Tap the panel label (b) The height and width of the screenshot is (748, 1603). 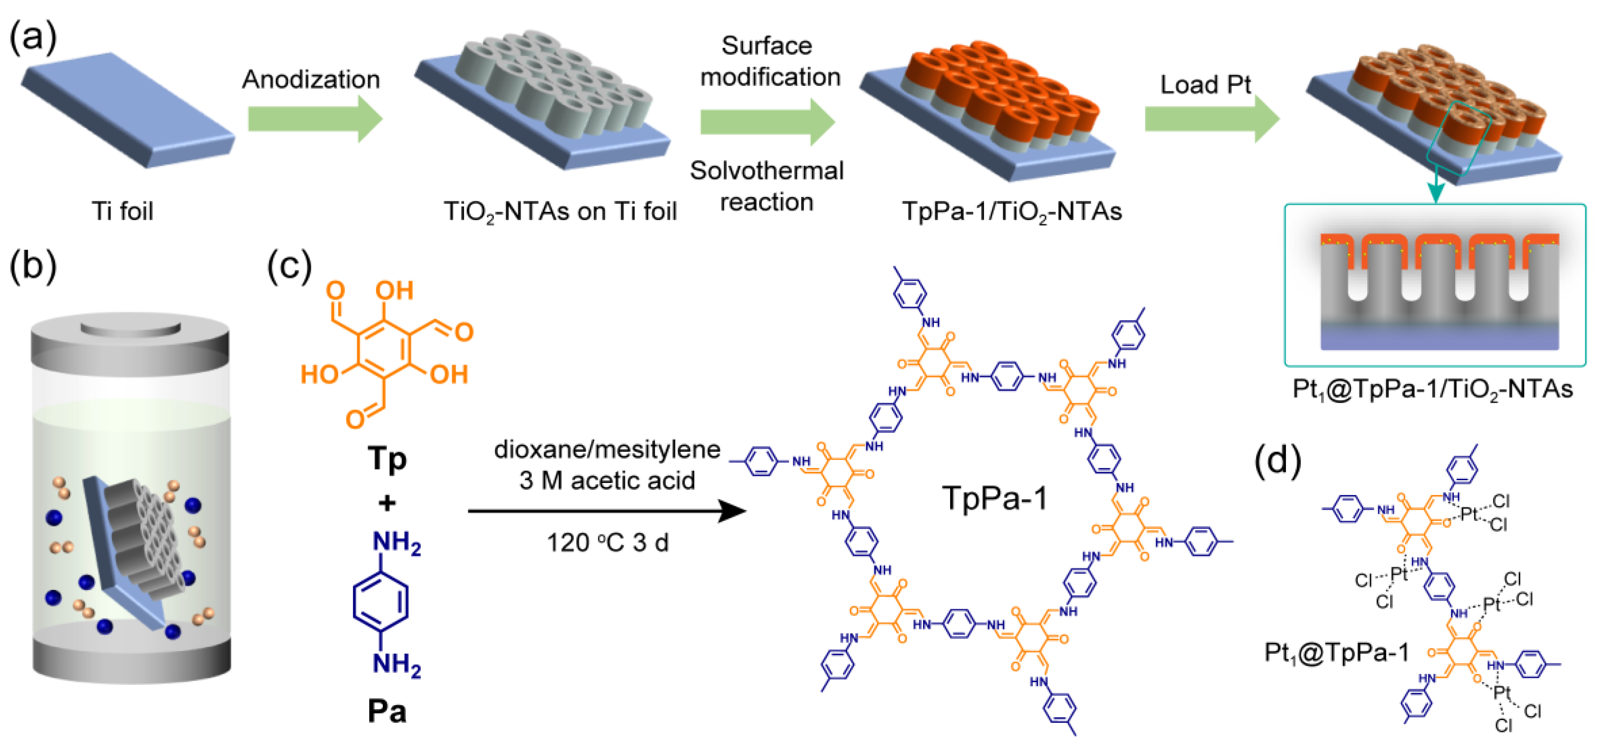coord(33,266)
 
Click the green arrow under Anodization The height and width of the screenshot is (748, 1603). coord(314,118)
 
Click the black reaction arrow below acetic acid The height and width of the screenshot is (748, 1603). coord(607,512)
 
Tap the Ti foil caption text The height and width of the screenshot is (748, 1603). coord(123,211)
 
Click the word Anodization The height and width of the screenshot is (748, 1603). coord(311,80)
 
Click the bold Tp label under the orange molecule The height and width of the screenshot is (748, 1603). coord(386,459)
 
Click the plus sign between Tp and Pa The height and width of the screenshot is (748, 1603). coord(386,503)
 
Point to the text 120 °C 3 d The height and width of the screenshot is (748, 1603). coord(607,543)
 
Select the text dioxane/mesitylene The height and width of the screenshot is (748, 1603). coord(607,450)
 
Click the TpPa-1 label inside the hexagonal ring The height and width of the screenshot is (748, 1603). coord(994,498)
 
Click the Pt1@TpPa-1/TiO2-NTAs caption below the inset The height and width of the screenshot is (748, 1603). coord(1433,390)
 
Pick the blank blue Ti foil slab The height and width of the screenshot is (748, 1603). coord(128,109)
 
